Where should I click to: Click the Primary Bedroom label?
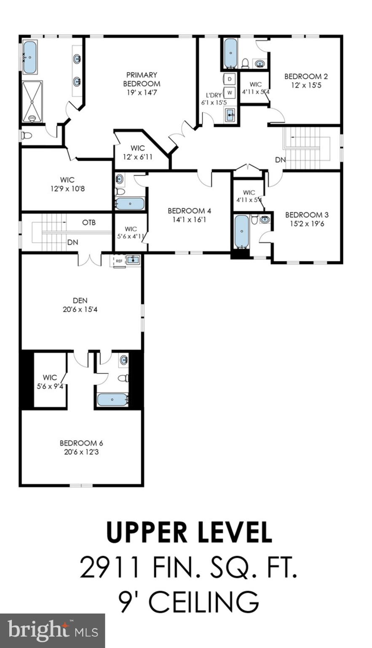pos(142,79)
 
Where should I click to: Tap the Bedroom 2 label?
pos(306,76)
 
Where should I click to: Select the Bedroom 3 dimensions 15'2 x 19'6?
pos(307,224)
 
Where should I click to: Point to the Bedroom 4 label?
pos(189,211)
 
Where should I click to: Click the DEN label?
pos(80,300)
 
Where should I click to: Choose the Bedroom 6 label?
pos(81,443)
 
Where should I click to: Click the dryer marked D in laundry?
pos(230,79)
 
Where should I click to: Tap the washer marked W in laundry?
pos(230,92)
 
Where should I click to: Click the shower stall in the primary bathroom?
pos(32,101)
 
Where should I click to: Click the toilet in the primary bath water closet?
pos(27,136)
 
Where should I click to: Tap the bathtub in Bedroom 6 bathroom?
pos(112,400)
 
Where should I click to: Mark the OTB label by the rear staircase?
pos(88,222)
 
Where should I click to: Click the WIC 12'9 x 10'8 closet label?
pos(67,184)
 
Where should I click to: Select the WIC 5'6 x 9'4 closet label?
pos(50,381)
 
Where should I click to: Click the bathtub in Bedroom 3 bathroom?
pos(241,232)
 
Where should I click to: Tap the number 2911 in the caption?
pos(109,568)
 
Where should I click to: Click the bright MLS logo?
pos(52,631)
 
